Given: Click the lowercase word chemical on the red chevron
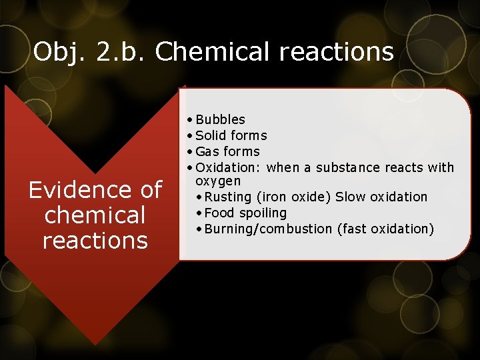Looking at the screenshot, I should (95, 215).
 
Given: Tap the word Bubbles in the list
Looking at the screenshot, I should (221, 120).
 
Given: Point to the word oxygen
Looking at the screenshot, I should (218, 181).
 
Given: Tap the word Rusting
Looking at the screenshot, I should (227, 197).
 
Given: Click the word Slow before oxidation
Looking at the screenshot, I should (350, 197).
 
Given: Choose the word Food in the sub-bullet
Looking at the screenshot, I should (219, 213).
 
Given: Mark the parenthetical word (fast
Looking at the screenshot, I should (353, 229).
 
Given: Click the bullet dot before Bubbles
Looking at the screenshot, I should (191, 120).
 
